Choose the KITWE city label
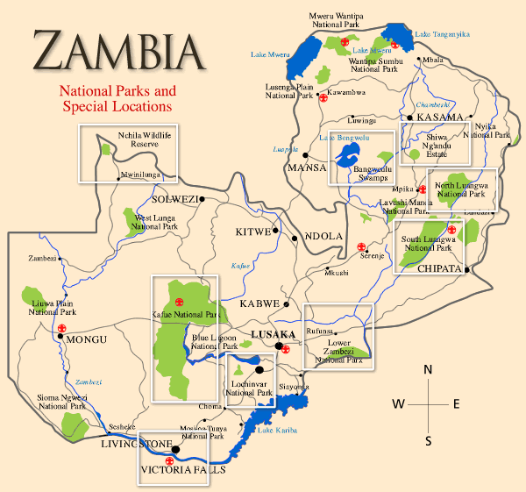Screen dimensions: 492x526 pyautogui.click(x=253, y=232)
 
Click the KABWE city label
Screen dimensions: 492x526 pyautogui.click(x=259, y=303)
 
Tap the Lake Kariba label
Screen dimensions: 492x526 pyautogui.click(x=277, y=430)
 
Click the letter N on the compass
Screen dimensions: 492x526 pyautogui.click(x=428, y=369)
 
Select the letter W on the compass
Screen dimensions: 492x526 pyautogui.click(x=398, y=403)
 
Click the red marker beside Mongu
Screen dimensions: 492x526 pyautogui.click(x=61, y=328)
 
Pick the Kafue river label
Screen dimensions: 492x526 pyautogui.click(x=240, y=265)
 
